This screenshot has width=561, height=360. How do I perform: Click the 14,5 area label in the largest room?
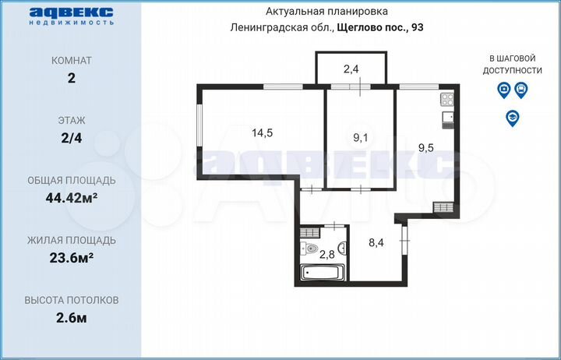tap(262, 132)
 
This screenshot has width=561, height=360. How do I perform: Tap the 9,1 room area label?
tap(361, 139)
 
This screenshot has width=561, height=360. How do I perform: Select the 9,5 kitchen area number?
tap(427, 146)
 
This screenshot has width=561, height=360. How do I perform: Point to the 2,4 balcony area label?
tap(351, 69)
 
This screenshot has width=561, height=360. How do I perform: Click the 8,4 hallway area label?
tap(376, 242)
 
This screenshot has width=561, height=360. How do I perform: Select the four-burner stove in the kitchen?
tap(448, 99)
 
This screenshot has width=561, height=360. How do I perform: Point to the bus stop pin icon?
tap(520, 90)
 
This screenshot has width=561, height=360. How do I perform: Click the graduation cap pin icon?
tap(512, 118)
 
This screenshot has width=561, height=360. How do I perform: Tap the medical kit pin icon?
tap(504, 90)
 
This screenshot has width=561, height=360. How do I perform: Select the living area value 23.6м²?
tap(72, 256)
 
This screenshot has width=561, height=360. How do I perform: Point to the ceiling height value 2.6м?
tap(72, 316)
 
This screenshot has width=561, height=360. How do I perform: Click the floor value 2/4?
tap(72, 137)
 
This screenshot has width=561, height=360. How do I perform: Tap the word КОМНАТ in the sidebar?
tap(72, 60)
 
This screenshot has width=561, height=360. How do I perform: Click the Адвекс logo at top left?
tap(72, 15)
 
